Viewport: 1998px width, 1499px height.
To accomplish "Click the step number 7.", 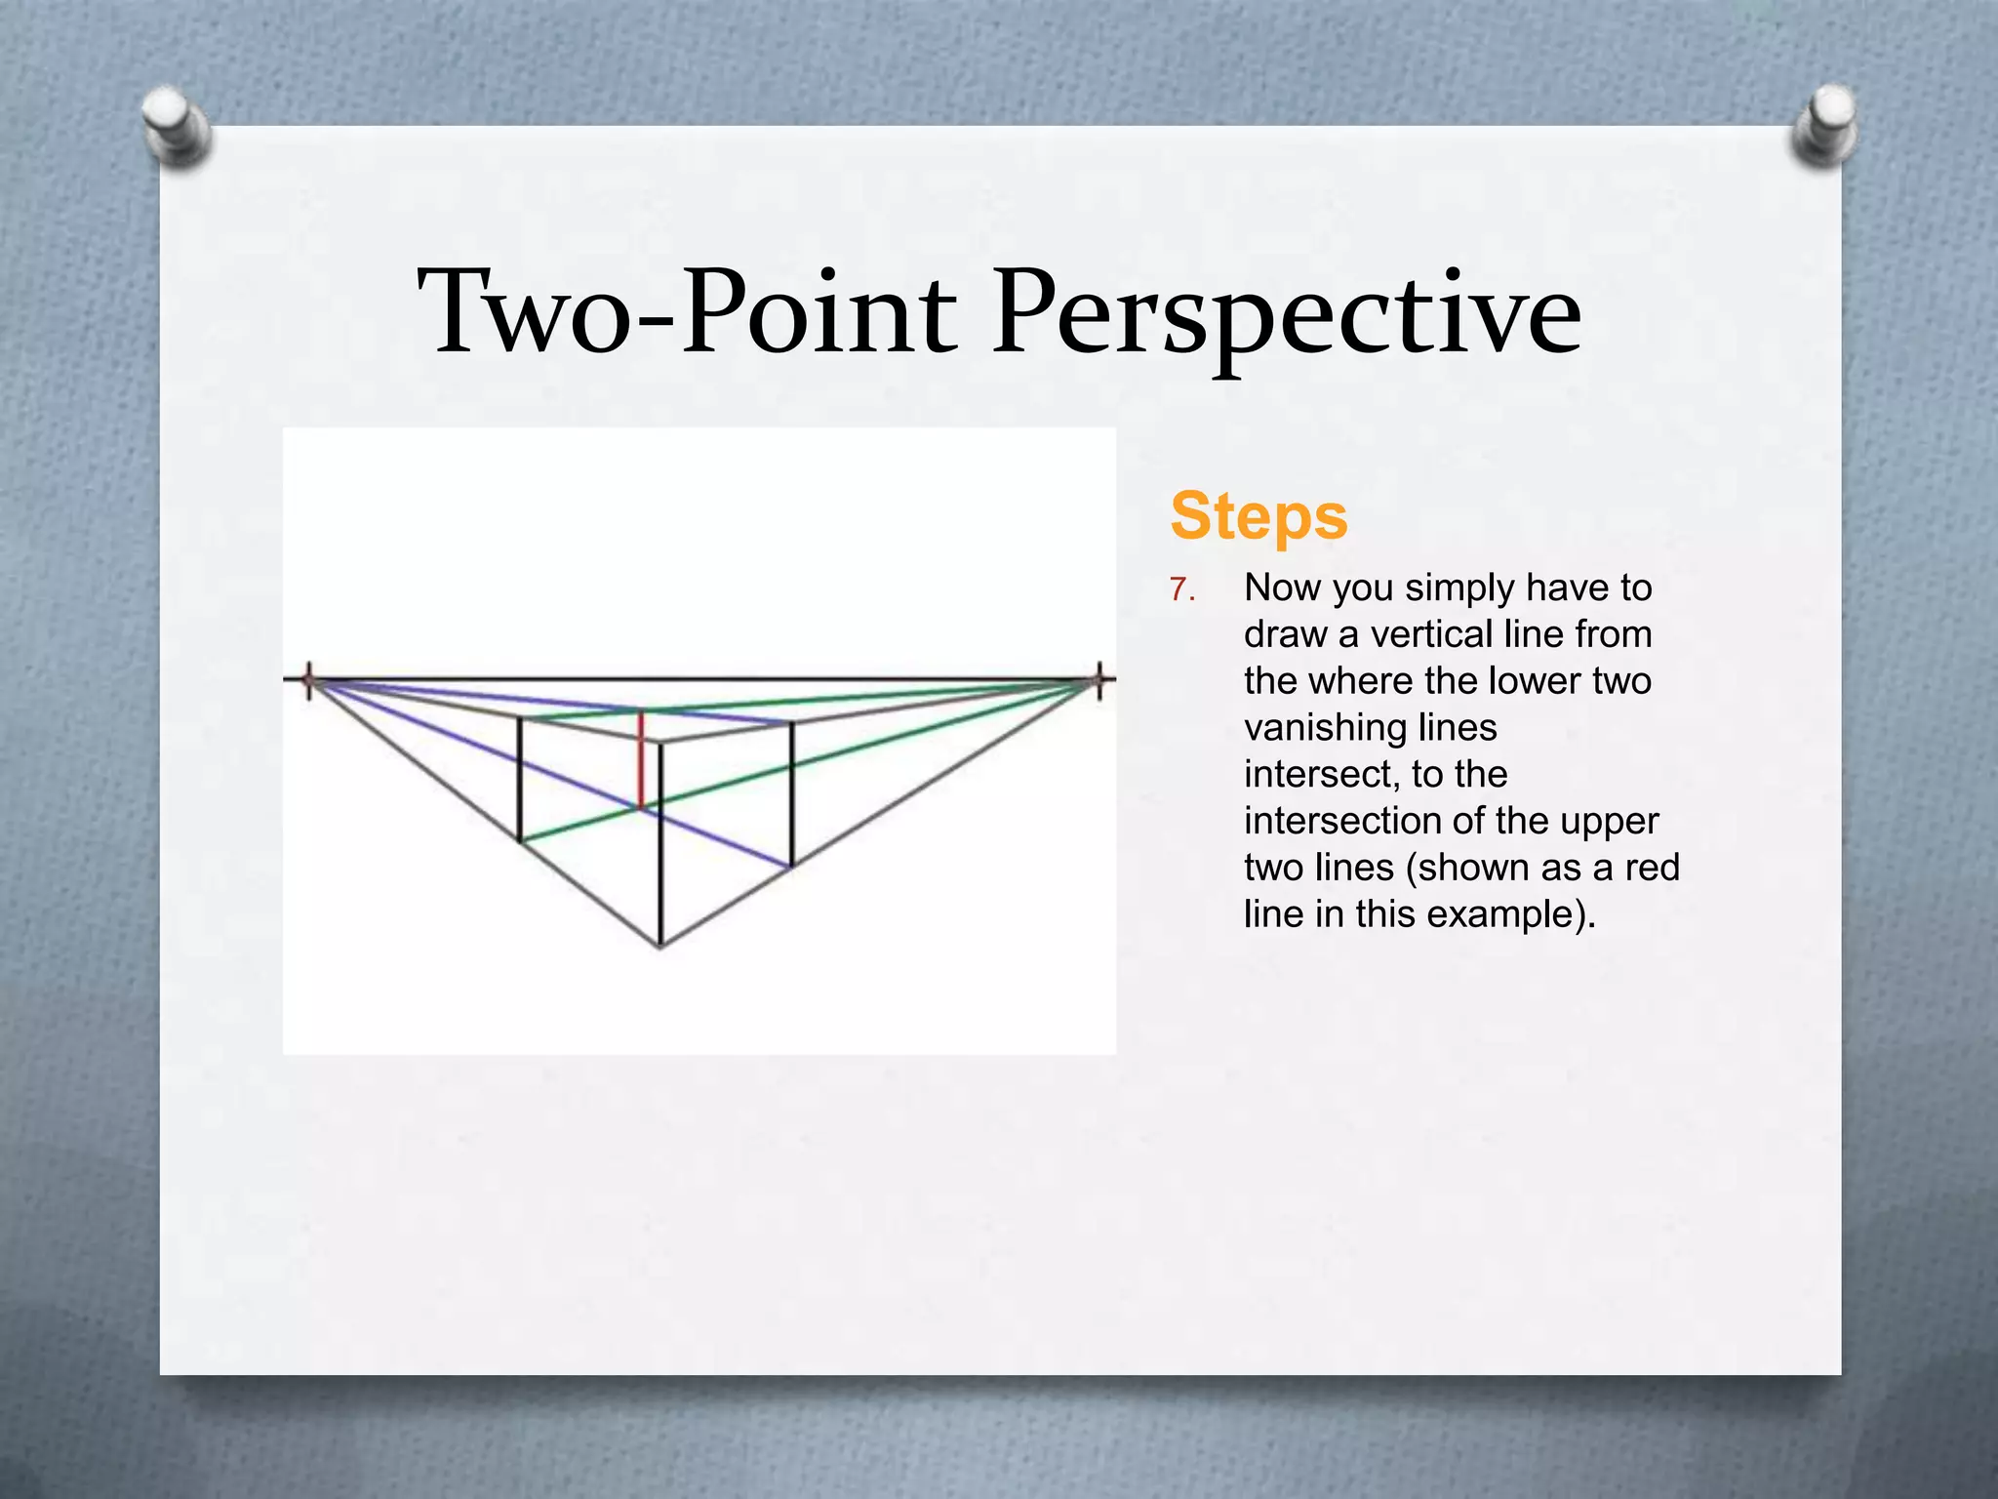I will (x=1181, y=590).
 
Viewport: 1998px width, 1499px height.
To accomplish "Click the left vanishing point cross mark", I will (x=309, y=679).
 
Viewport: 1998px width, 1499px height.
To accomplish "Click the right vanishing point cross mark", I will (x=1099, y=679).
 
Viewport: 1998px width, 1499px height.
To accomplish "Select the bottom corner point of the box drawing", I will (x=660, y=946).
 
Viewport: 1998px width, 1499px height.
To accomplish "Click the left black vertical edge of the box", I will (x=519, y=779).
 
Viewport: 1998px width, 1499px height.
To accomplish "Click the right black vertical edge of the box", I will (x=791, y=793).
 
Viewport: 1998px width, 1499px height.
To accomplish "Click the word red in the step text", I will (x=1652, y=868).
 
